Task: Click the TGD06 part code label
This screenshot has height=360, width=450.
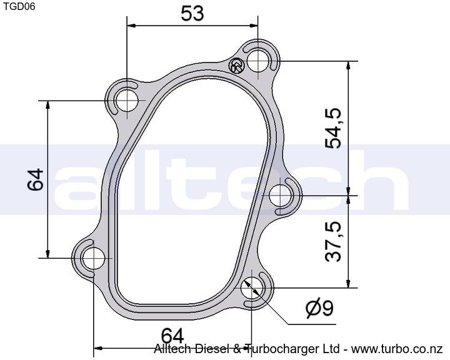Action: pyautogui.click(x=19, y=6)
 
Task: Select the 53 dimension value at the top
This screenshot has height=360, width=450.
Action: pyautogui.click(x=192, y=13)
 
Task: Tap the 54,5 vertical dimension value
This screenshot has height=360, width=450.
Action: pyautogui.click(x=334, y=128)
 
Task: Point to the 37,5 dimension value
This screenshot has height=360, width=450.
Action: pyautogui.click(x=334, y=241)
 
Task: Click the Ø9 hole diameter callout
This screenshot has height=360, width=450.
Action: pyautogui.click(x=319, y=307)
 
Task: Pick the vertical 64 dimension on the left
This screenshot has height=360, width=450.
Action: pyautogui.click(x=35, y=180)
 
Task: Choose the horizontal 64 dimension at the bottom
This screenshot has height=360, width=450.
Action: pyautogui.click(x=172, y=336)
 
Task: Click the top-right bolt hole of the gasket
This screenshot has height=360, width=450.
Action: pyautogui.click(x=258, y=61)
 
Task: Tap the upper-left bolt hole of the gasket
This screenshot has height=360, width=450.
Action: pyautogui.click(x=126, y=101)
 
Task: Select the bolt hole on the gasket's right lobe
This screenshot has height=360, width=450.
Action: pyautogui.click(x=281, y=196)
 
